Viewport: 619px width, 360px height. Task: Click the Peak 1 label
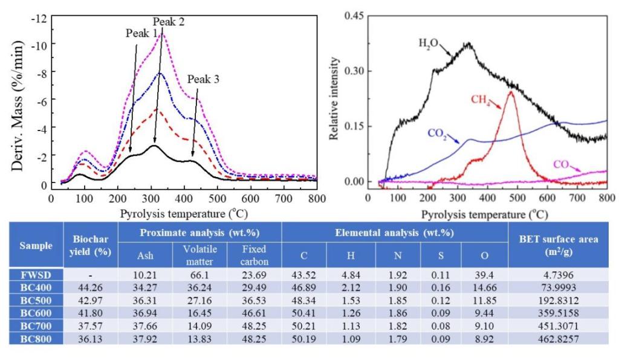point(141,33)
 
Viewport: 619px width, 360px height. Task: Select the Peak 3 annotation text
point(203,79)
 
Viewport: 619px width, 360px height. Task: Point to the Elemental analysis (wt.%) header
point(394,233)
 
